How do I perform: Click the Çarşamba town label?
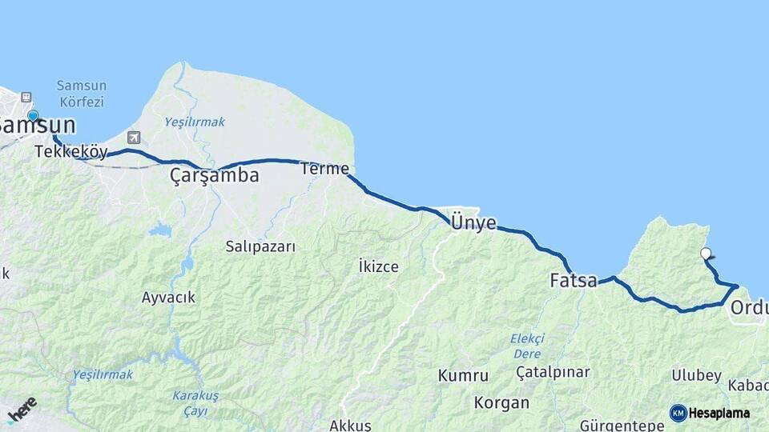(214, 176)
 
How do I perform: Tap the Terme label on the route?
(324, 169)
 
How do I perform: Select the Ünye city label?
(473, 222)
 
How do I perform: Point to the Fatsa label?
(574, 281)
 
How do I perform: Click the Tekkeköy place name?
(71, 151)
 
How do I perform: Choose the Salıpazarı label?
(260, 246)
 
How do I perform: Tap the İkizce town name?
(379, 266)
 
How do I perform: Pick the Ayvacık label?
(168, 298)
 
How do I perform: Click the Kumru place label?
(463, 375)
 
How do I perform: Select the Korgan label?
(501, 402)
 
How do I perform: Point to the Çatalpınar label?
(553, 372)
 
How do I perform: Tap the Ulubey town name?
(696, 375)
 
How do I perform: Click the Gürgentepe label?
(622, 425)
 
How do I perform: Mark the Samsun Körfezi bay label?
(81, 94)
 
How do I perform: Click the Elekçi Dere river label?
(527, 346)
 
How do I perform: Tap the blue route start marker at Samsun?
(33, 116)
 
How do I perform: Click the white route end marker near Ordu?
(705, 254)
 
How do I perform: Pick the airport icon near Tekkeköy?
(133, 138)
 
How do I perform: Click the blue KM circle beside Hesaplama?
(678, 413)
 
